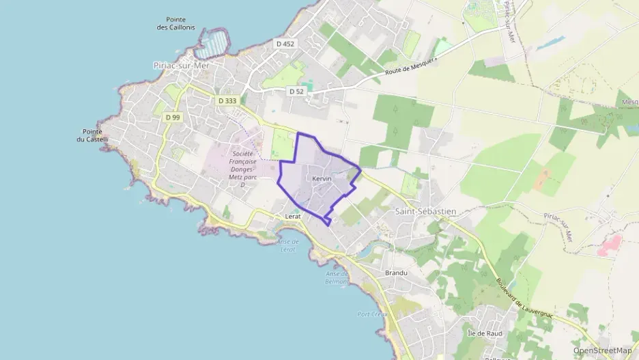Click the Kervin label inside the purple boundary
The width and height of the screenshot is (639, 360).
[322, 179]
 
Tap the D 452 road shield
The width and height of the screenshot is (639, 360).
[285, 44]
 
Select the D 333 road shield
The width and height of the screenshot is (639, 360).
[227, 100]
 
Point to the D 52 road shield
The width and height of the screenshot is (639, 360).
[296, 91]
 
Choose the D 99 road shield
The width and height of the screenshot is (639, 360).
[173, 117]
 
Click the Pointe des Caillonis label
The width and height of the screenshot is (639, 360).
[175, 24]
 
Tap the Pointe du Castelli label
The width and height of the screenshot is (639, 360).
[92, 135]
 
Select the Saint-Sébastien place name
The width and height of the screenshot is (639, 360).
[425, 212]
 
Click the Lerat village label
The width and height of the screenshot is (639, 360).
[293, 216]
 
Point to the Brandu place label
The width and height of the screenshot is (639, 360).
[396, 273]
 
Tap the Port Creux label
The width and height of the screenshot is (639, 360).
[372, 314]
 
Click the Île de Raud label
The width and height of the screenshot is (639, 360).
[485, 333]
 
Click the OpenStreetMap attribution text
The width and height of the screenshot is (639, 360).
[603, 350]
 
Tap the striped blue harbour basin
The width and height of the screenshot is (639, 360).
[212, 44]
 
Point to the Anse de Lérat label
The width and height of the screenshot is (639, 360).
[289, 246]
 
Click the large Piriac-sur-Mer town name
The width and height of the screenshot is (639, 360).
[180, 66]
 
